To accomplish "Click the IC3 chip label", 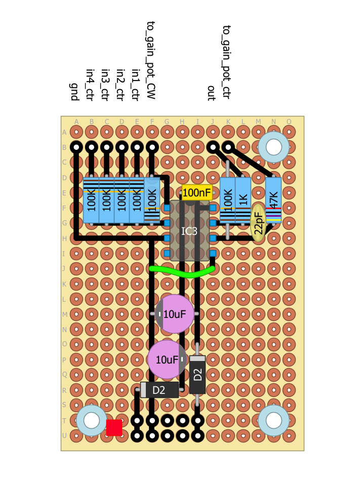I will [189, 231].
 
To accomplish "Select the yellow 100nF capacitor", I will [197, 192].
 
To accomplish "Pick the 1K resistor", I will [243, 200].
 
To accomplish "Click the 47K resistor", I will [273, 200].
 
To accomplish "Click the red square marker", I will [114, 427].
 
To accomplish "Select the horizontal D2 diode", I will [159, 390].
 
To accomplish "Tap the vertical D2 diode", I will [197, 375].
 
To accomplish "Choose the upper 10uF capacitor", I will [175, 314].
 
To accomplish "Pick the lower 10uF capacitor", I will [167, 359].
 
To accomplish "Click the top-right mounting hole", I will [273, 147].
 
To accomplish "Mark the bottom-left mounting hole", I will [91, 420].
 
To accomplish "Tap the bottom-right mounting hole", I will [273, 420].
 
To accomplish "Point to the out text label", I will [211, 93].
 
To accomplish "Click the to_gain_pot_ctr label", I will [226, 62].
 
